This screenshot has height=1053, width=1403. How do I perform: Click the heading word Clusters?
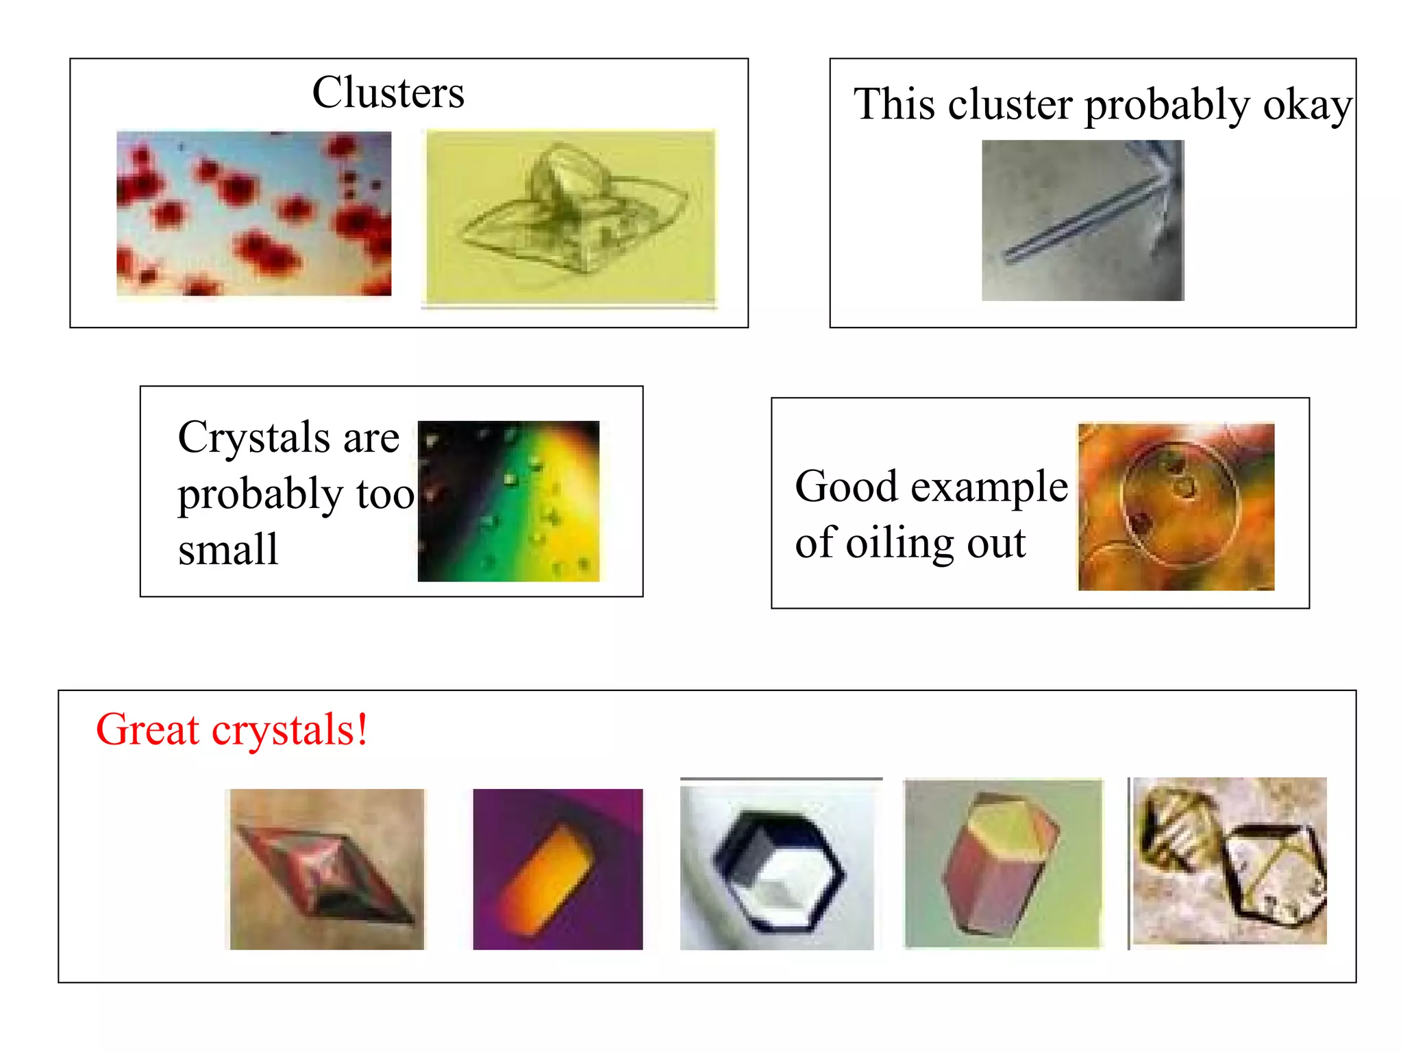coord(388,93)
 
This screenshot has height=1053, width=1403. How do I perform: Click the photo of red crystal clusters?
coord(253,213)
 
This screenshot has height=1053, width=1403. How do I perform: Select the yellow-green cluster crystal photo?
coord(571,216)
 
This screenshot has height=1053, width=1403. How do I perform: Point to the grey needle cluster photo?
coord(1082,220)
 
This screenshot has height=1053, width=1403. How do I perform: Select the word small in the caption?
coord(228,550)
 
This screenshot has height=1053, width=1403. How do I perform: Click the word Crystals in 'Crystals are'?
coord(254,437)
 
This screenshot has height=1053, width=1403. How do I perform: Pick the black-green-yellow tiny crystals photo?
coord(508,501)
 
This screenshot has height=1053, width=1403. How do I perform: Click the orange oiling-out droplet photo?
coord(1176,507)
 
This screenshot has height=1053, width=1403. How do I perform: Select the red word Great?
coord(147,729)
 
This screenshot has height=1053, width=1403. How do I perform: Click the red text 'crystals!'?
coord(290,731)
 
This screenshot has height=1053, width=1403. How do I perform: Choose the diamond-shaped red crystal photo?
coord(327,869)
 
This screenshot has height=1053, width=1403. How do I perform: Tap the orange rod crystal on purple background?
coord(558,869)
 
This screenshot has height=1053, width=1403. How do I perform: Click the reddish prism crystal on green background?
coord(1003,864)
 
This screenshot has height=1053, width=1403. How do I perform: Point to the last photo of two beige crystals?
coord(1230,861)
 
